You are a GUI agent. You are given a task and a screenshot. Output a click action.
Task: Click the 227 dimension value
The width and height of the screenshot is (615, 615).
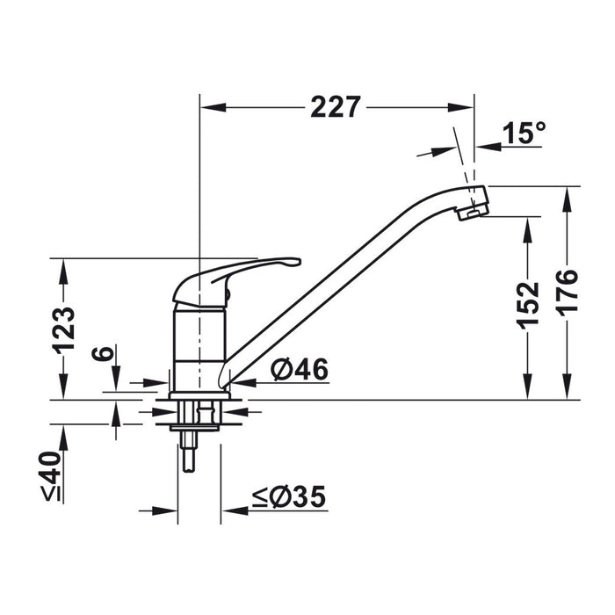pos(336,107)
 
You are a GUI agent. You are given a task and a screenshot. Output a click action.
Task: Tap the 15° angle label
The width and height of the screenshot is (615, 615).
pos(524,133)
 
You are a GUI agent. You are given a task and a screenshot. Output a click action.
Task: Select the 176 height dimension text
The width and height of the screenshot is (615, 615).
pos(568,293)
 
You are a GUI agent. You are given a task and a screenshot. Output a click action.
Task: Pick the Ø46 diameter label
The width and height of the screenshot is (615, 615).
pos(300,370)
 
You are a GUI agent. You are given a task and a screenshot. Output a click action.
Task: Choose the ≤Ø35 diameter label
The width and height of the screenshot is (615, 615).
pos(289,496)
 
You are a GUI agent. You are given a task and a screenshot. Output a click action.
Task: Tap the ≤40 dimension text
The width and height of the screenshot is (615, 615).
pos(51,476)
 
